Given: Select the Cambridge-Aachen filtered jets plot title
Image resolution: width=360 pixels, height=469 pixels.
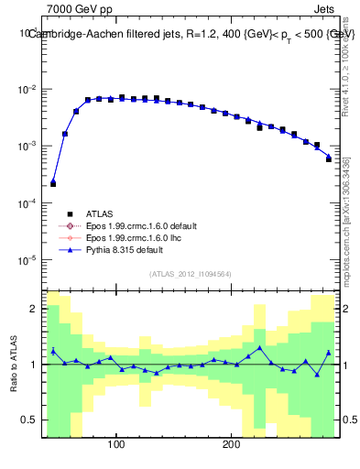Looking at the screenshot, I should click(191, 34).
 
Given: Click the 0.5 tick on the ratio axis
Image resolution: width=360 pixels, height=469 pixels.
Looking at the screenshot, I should click(29, 420).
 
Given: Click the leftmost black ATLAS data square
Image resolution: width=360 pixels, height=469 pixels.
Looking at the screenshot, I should click(53, 184).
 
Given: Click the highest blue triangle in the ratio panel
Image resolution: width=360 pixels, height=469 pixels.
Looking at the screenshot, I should click(260, 348).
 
